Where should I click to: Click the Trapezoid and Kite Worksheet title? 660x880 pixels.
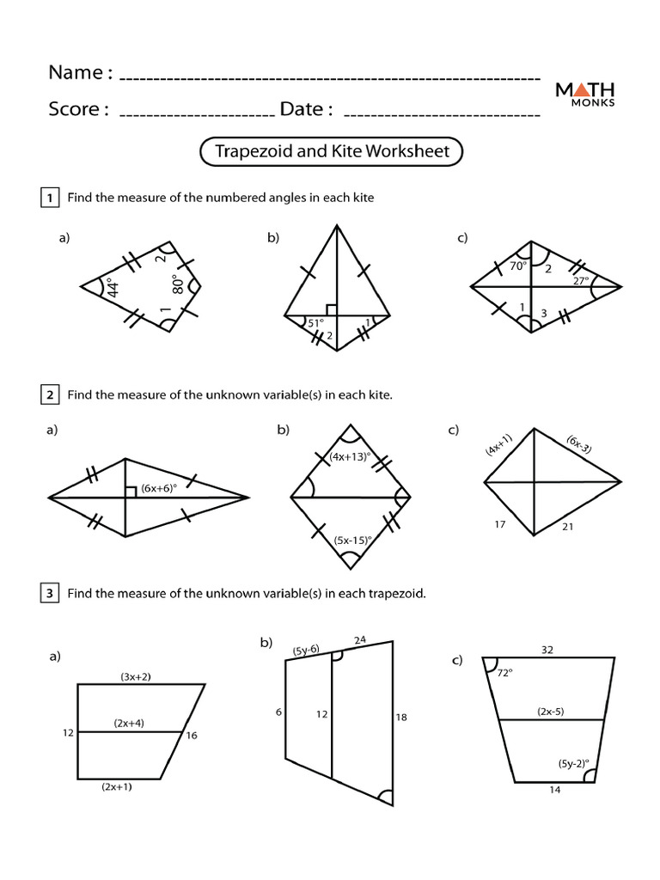click(x=332, y=152)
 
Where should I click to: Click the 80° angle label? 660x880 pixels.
click(x=177, y=284)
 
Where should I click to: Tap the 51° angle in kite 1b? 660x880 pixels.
click(x=315, y=323)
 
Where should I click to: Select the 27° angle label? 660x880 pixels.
click(x=581, y=281)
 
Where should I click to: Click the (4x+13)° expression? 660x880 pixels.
click(x=348, y=457)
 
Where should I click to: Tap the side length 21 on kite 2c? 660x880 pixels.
click(x=565, y=525)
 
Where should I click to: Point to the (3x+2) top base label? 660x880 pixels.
click(x=136, y=677)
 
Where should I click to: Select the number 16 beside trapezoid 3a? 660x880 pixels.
click(x=192, y=736)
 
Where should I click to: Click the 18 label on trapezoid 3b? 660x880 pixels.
click(x=401, y=717)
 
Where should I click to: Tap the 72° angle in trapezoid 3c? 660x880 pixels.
click(x=504, y=675)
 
